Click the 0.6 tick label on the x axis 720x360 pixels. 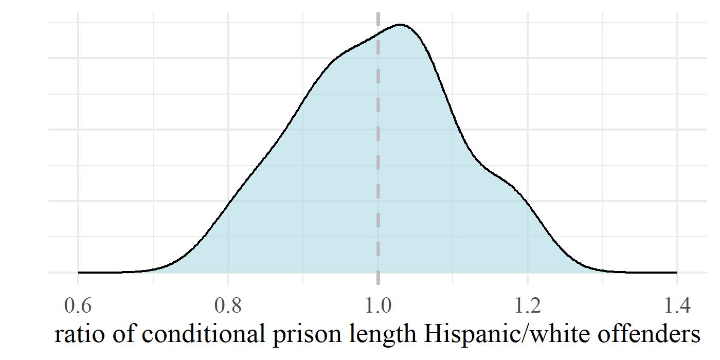pos(78,307)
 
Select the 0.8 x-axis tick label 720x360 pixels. pos(228,307)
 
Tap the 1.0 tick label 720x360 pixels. pos(378,307)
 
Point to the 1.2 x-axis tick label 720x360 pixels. pos(528,307)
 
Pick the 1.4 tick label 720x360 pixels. pos(677,307)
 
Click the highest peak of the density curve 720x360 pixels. pos(401,25)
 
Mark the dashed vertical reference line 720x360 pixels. pos(378,154)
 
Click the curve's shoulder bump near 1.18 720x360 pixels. pos(509,183)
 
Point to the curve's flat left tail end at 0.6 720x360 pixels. pos(79,272)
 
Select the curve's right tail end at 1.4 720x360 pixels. pos(677,272)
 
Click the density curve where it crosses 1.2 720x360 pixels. pos(528,202)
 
